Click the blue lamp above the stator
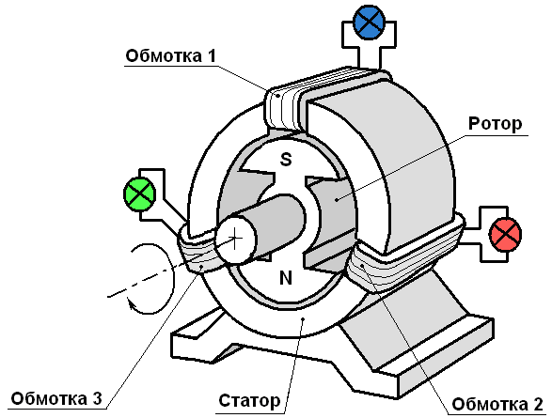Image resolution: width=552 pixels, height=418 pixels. tap(369, 22)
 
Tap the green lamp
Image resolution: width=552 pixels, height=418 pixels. tap(139, 194)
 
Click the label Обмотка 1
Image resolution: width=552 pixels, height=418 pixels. tap(170, 56)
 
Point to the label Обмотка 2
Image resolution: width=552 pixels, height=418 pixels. tap(497, 404)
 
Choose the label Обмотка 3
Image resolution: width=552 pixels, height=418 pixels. tap(56, 398)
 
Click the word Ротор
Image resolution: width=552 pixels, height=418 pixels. tap(495, 124)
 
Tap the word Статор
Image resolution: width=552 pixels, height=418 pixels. tap(249, 401)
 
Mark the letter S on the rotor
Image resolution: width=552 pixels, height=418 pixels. tap(286, 159)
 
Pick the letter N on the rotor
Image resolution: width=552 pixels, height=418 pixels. tap(286, 278)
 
